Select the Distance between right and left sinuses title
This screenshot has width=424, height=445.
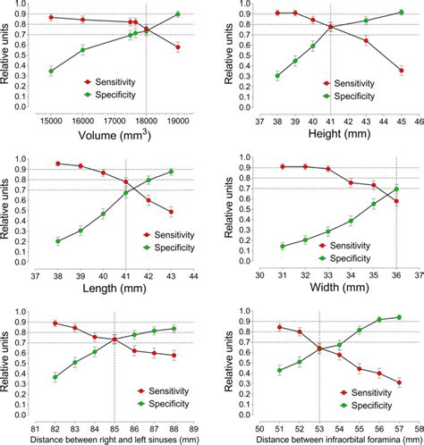click(x=114, y=439)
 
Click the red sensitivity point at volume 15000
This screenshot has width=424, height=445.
click(x=51, y=17)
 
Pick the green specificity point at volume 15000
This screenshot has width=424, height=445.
click(x=51, y=71)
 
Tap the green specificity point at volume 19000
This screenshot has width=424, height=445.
click(x=178, y=14)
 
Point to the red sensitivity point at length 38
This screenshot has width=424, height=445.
click(x=58, y=164)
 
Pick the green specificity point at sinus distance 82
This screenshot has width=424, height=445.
click(x=55, y=377)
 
